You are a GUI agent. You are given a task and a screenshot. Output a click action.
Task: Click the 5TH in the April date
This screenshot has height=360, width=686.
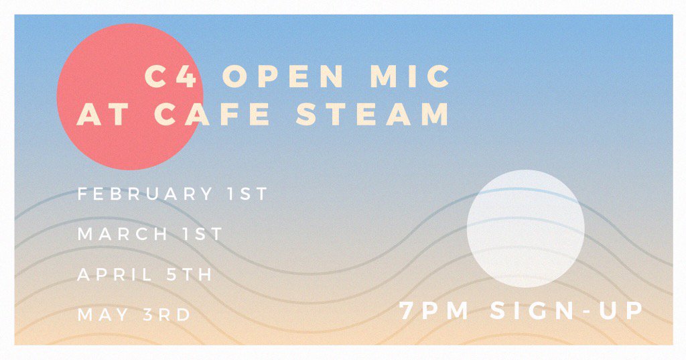click(x=190, y=275)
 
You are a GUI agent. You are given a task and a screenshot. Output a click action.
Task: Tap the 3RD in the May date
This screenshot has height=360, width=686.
click(x=166, y=315)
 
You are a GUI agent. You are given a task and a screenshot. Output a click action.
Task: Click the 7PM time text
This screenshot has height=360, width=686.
click(x=437, y=310)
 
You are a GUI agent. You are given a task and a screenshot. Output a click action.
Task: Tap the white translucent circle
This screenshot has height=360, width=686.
click(x=525, y=229)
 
